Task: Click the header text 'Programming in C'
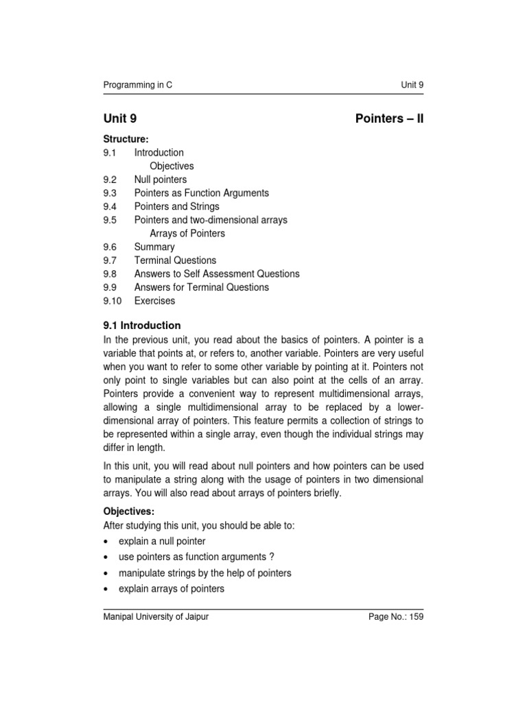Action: pos(138,85)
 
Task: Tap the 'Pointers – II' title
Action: pos(390,119)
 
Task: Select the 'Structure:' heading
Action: pos(126,139)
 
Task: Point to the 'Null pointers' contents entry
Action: pos(160,180)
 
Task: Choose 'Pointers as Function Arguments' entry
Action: pos(201,193)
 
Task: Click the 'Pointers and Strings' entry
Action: pos(176,206)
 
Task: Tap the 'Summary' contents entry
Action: pos(154,247)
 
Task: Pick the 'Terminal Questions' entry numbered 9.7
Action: pos(175,261)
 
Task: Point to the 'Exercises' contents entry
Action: pos(154,301)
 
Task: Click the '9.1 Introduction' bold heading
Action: pos(142,326)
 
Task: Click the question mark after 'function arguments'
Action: pos(272,557)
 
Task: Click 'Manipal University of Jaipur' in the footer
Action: pos(156,617)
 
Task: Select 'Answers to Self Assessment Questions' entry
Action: pos(217,274)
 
